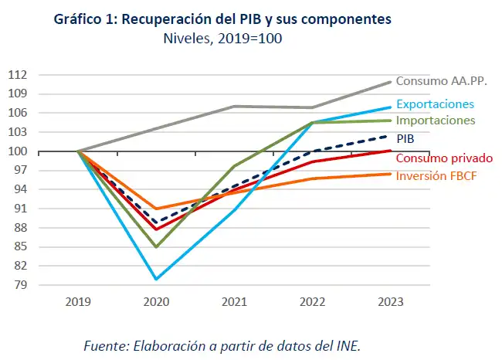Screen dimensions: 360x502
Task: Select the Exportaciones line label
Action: pos(435,104)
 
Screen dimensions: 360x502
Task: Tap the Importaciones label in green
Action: pos(436,121)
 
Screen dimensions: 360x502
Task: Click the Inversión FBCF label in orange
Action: pos(435,176)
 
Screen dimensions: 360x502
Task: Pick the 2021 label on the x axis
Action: pos(236,304)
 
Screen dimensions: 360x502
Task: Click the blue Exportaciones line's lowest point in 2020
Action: pos(157,279)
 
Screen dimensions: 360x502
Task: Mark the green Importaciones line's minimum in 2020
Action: pos(157,247)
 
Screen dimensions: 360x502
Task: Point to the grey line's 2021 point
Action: pos(236,106)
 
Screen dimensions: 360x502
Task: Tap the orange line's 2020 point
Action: pos(157,209)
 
